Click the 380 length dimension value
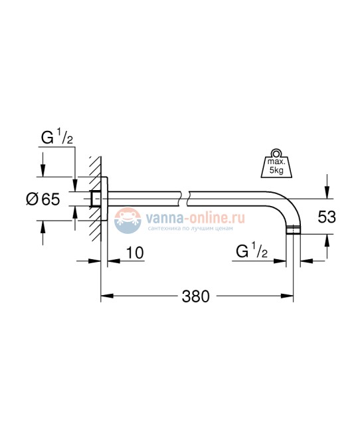pyautogui.click(x=197, y=296)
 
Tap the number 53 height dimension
pyautogui.click(x=327, y=216)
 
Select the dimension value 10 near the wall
pyautogui.click(x=134, y=253)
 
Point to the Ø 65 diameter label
pyautogui.click(x=43, y=199)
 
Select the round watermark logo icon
pyautogui.click(x=126, y=220)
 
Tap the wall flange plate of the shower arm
pyautogui.click(x=104, y=197)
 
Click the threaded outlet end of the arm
pyautogui.click(x=294, y=231)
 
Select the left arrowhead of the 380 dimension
pyautogui.click(x=105, y=296)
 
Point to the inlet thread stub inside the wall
pyautogui.click(x=95, y=198)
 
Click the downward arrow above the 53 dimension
pyautogui.click(x=326, y=189)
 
